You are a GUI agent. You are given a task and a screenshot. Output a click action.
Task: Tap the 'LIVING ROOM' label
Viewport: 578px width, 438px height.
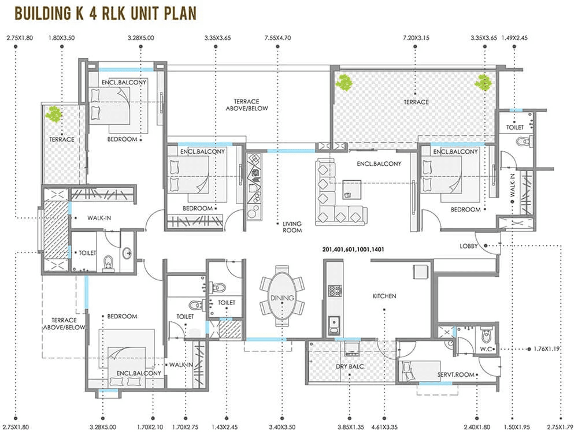292,227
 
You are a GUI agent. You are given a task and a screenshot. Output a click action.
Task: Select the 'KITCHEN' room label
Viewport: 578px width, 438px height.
384,296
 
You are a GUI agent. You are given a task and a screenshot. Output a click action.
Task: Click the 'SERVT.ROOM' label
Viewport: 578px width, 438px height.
456,374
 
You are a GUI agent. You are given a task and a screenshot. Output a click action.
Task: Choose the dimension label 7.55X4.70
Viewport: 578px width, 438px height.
278,38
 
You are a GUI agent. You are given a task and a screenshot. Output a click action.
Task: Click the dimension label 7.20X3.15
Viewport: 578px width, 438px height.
417,38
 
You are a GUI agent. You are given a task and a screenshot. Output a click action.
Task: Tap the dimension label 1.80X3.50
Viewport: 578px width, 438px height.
62,38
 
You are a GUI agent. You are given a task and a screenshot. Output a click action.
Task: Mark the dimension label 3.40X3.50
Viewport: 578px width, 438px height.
282,428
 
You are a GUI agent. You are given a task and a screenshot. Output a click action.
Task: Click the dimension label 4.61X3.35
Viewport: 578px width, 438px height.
384,428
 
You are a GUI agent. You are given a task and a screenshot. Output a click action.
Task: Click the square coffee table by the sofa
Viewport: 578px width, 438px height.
351,188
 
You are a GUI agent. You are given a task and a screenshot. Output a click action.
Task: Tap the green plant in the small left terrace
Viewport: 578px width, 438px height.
55,114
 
